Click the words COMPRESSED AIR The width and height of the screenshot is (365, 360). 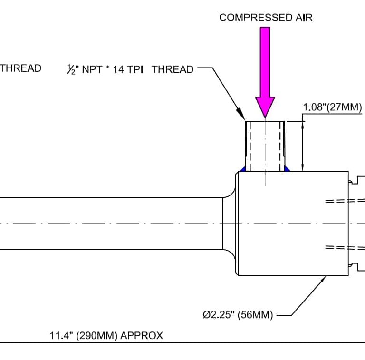click(x=266, y=18)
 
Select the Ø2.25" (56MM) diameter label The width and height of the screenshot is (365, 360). click(x=238, y=315)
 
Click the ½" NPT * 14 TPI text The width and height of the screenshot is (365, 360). click(x=105, y=69)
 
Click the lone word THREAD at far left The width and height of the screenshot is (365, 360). click(x=20, y=68)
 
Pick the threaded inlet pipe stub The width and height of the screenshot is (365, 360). click(x=265, y=145)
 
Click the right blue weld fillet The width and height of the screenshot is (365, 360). click(x=287, y=168)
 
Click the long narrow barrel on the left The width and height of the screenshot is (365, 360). click(x=109, y=224)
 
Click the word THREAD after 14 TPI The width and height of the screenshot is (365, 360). click(x=173, y=69)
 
